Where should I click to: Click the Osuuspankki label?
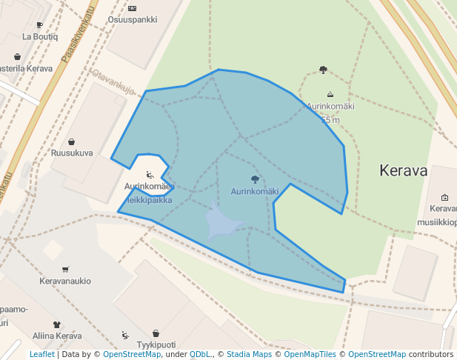132,20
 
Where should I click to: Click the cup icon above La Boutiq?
39,25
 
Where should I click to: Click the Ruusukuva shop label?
71,153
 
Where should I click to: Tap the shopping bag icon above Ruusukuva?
71,141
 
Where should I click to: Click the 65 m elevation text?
330,119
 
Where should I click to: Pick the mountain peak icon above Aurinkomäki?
330,94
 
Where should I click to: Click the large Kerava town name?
403,170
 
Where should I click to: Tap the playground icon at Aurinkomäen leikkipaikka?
150,175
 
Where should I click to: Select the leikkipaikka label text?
148,200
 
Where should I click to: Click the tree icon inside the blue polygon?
255,179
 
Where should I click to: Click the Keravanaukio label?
65,281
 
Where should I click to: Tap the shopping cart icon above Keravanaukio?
66,269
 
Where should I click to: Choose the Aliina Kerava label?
57,336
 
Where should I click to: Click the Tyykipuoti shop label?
156,344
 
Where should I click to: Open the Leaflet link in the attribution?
41,354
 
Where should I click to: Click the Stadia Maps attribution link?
249,354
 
